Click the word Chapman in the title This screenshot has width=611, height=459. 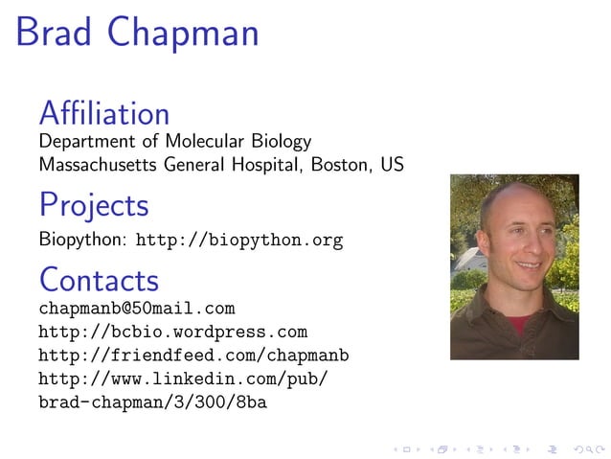click(x=183, y=34)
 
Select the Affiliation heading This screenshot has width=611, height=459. click(x=103, y=113)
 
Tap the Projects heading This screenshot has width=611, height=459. click(x=94, y=205)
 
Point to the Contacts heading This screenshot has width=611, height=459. click(x=99, y=280)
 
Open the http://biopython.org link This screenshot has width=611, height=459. click(x=239, y=240)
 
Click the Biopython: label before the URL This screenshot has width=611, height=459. click(x=83, y=240)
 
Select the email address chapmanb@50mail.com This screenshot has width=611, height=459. click(x=136, y=309)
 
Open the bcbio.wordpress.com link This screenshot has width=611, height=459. click(x=172, y=333)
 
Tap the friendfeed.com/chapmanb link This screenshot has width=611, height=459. click(x=193, y=356)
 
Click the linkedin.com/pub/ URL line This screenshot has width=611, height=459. click(x=184, y=379)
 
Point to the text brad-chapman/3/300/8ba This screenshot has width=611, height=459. click(x=152, y=402)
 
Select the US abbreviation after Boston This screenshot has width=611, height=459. click(x=392, y=165)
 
